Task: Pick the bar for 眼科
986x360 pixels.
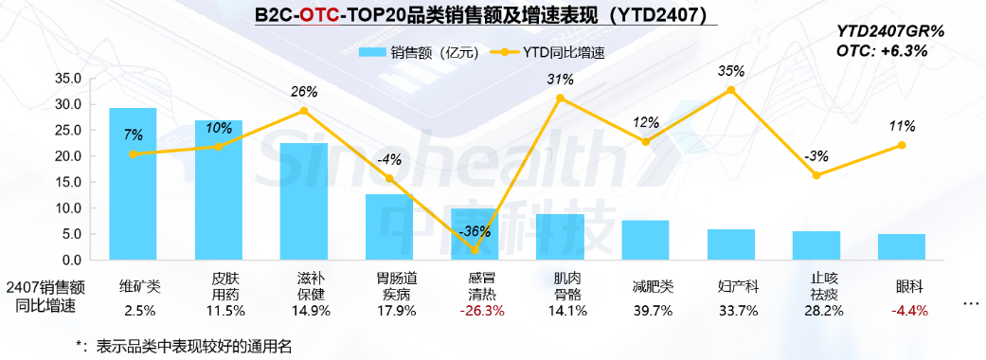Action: (902, 246)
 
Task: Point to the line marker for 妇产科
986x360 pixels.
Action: (731, 89)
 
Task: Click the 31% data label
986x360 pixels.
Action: (561, 80)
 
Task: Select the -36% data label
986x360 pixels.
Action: (475, 231)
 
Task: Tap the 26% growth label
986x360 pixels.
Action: (304, 92)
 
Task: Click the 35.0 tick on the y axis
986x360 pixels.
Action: (69, 78)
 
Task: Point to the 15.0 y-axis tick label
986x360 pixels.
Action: (69, 182)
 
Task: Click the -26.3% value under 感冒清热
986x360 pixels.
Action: (475, 311)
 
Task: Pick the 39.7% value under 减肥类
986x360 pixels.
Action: (646, 311)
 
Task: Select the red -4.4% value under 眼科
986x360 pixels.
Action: (902, 311)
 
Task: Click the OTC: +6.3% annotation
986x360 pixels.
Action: (881, 50)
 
